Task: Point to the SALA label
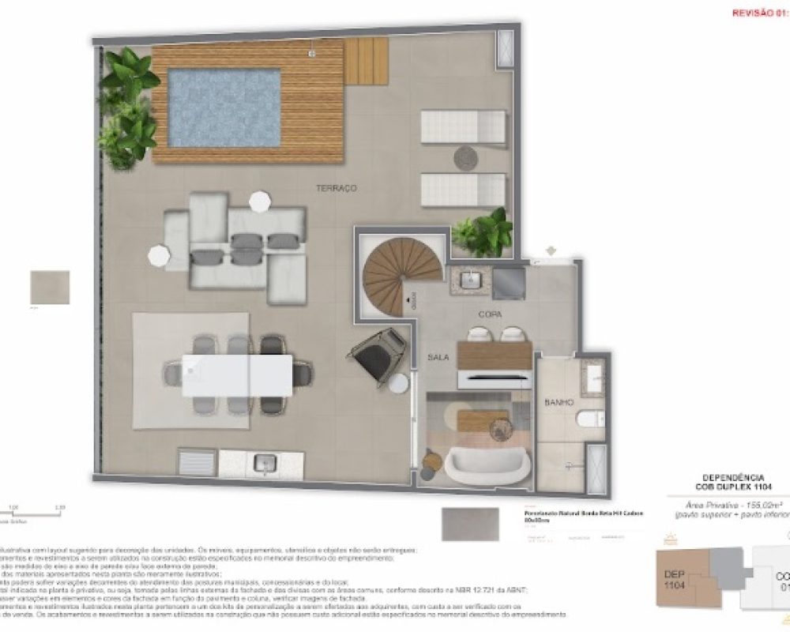tap(438, 357)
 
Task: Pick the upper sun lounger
tap(463, 126)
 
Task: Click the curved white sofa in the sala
tap(487, 465)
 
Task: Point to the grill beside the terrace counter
tap(197, 462)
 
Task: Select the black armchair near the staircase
tap(379, 352)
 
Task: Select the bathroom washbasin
tap(592, 376)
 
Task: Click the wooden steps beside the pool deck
tap(365, 62)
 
